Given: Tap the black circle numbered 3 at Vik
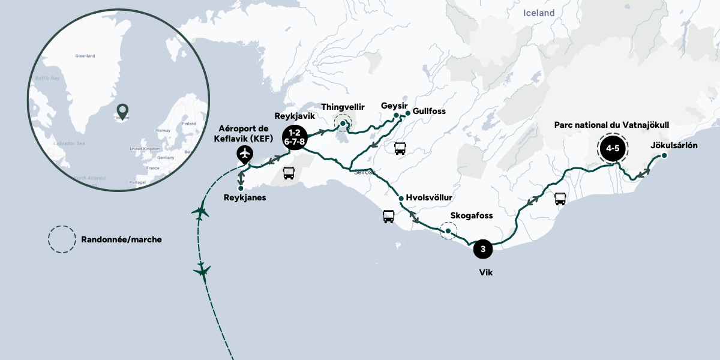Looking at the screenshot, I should point(484,248).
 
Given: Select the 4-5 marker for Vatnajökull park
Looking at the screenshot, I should point(612,148).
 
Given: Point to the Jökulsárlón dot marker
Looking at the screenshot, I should point(664,156).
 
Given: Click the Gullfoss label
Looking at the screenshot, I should point(430,112).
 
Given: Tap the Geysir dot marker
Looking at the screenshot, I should point(396,115).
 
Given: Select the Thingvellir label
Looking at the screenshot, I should point(343,106).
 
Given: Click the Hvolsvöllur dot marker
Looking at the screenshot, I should point(400,198).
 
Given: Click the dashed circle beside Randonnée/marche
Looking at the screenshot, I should point(62,239).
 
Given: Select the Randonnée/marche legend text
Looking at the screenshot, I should point(121,239).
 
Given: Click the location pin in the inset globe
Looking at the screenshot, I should point(122,111).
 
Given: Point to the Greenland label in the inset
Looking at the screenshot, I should point(85,56).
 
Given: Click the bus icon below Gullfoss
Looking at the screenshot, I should point(400,148).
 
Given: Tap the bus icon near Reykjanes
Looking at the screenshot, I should point(289,173).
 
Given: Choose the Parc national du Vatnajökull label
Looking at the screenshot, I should point(611,125).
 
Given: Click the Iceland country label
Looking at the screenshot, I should point(539,13).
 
